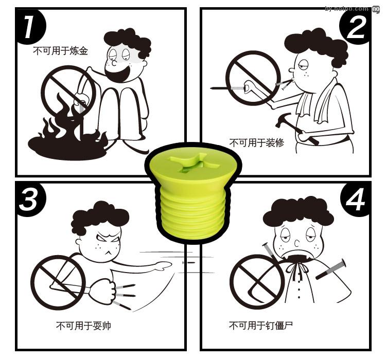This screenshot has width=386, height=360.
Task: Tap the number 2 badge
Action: tap(356, 27)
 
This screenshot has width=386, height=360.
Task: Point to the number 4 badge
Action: tap(356, 200)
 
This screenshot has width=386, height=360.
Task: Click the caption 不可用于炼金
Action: tap(60, 51)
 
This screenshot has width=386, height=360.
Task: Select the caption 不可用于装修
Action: tap(257, 142)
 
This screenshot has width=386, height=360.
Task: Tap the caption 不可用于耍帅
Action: tap(83, 326)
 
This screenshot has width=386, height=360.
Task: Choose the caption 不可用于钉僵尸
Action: tap(261, 326)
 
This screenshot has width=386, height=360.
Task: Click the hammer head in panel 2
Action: tap(283, 120)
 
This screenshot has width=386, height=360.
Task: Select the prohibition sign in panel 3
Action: tap(58, 282)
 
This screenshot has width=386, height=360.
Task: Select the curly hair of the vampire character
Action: tap(299, 212)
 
